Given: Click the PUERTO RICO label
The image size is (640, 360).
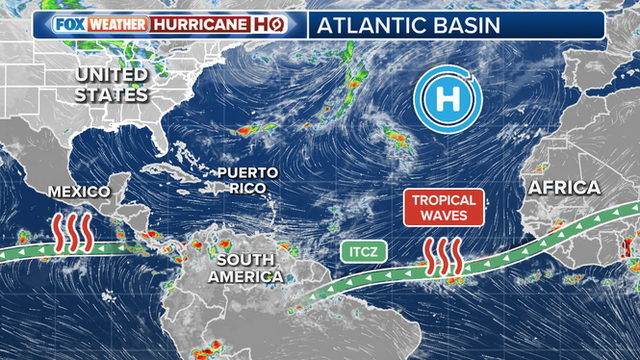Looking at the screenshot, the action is (x=246, y=180).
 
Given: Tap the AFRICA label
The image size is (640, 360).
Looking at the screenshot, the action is (x=563, y=187).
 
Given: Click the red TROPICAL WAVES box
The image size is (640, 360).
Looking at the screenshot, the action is (x=444, y=207).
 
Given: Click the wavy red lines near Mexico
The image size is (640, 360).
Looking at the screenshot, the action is (x=73, y=230).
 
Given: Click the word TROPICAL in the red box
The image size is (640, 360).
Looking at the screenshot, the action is (x=444, y=199).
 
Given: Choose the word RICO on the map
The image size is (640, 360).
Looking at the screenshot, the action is (x=246, y=188).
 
